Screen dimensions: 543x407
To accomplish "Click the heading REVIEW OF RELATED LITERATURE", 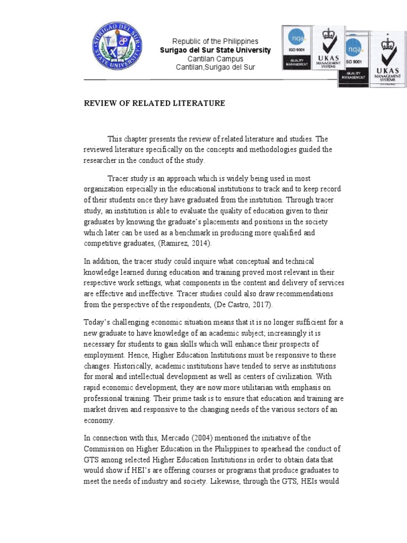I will [x=154, y=103].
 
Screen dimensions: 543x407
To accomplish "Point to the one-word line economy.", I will [x=99, y=420].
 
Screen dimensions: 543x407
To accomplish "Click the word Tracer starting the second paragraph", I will [x=119, y=179].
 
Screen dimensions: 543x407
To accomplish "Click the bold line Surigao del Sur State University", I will [x=215, y=50].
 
